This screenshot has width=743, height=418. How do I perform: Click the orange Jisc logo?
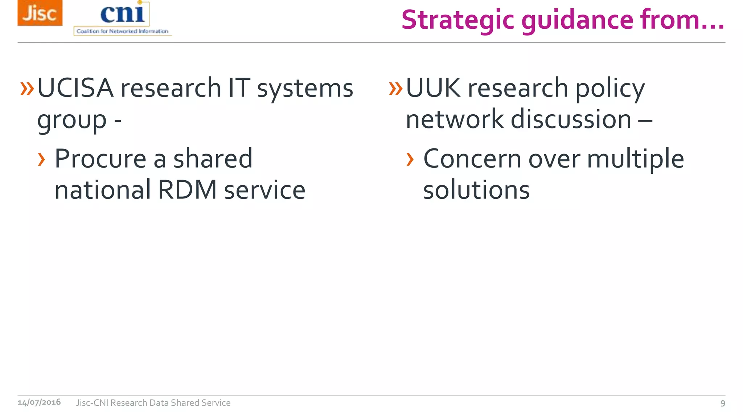point(40,13)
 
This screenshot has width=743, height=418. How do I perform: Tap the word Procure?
point(100,159)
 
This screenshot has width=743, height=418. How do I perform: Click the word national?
point(103,190)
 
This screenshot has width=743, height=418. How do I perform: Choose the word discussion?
point(571,119)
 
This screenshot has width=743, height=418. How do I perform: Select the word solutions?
point(476,190)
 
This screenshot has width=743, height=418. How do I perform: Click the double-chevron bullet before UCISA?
point(27,88)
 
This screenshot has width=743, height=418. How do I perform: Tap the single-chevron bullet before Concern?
point(410,159)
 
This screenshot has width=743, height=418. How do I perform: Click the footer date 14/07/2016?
point(39,402)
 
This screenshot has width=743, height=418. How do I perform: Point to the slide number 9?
point(723,403)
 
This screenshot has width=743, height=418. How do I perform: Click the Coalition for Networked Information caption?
point(123,31)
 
